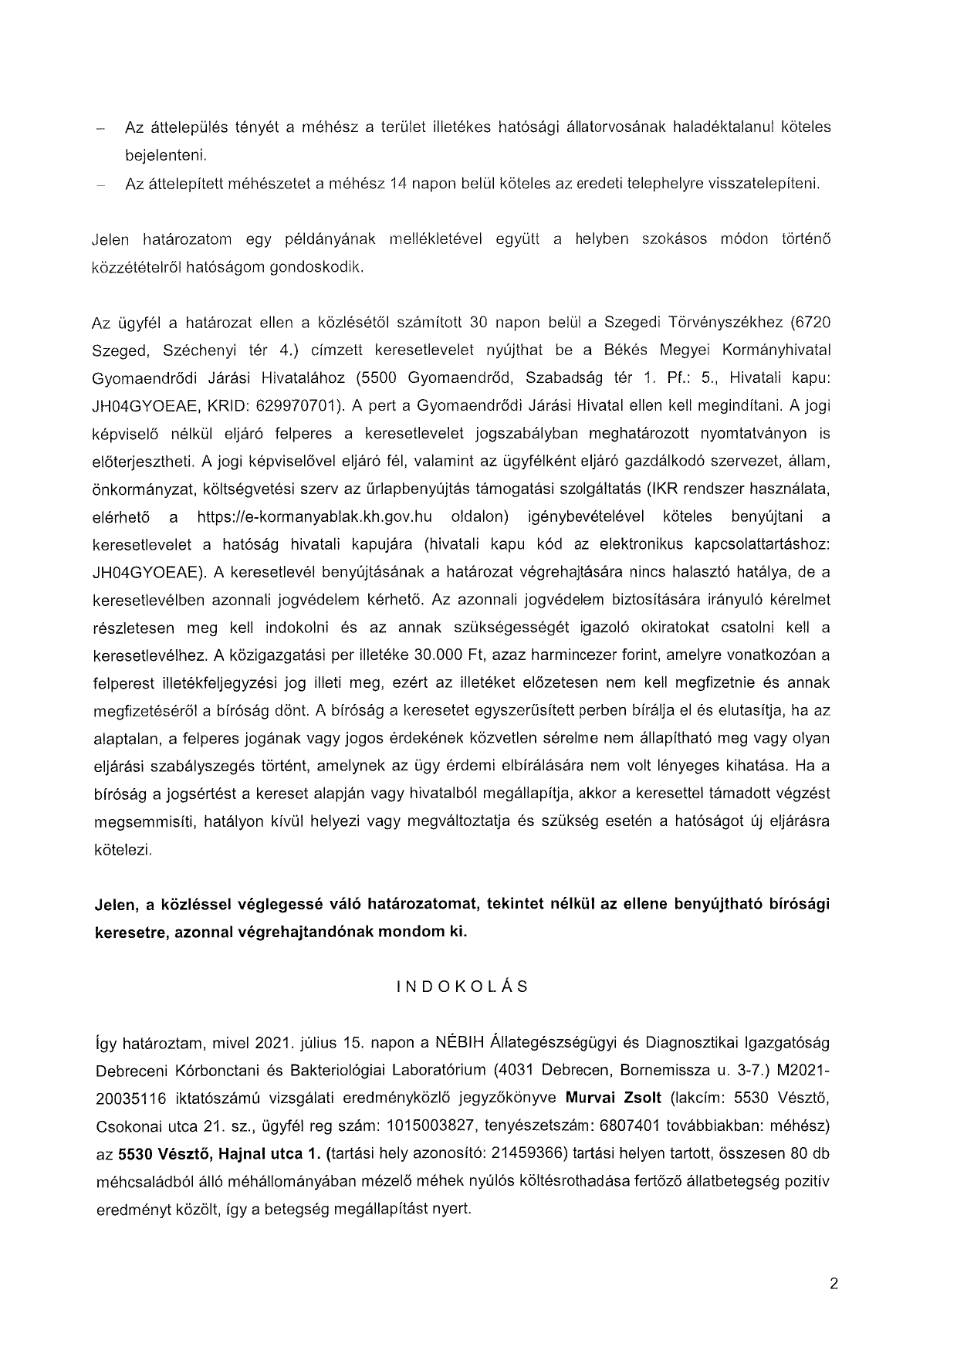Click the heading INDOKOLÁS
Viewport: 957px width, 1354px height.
(462, 987)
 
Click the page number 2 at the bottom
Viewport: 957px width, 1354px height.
(833, 1285)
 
